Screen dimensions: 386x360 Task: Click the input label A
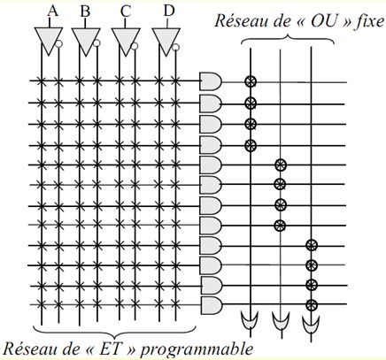(x=52, y=11)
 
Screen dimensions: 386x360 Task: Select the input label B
(x=85, y=11)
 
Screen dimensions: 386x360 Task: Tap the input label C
(x=126, y=11)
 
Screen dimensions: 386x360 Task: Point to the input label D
(x=169, y=11)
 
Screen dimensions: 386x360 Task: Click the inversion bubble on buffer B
(x=96, y=43)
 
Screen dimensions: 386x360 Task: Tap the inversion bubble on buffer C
(x=135, y=46)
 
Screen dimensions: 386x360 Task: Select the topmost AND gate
(x=211, y=81)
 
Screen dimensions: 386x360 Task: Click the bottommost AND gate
(x=212, y=305)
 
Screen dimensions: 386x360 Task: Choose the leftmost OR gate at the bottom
(x=250, y=319)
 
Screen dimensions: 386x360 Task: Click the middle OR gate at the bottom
(x=281, y=320)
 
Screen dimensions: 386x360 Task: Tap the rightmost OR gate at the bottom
(x=311, y=325)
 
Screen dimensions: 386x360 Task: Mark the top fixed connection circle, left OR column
(x=251, y=81)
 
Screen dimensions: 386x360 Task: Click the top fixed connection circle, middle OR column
(x=280, y=165)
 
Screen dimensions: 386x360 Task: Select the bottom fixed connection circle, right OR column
(x=312, y=305)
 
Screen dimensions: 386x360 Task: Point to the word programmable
(x=197, y=349)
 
